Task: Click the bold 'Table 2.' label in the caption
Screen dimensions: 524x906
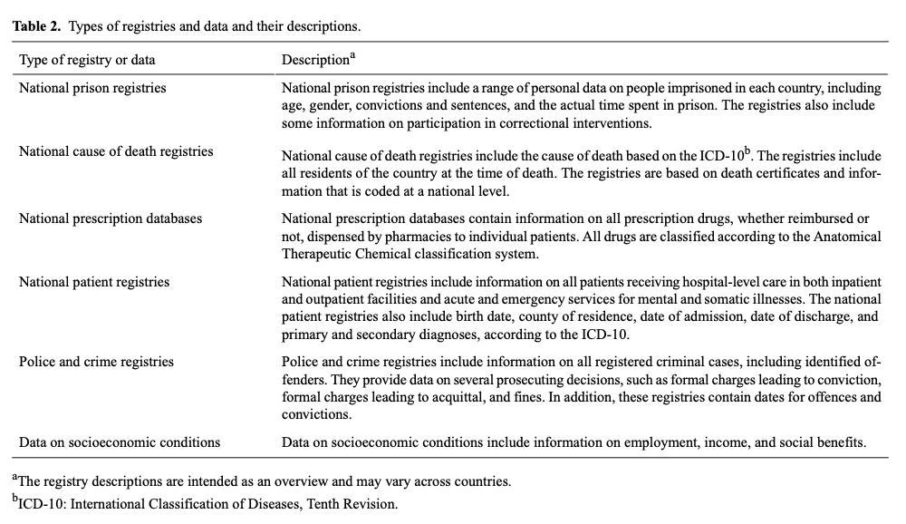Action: (36, 26)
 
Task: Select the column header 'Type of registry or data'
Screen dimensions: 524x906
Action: (87, 60)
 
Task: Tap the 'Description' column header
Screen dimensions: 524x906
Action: (315, 60)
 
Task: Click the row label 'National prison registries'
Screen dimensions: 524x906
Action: (92, 88)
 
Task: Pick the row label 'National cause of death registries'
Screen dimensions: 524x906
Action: (116, 151)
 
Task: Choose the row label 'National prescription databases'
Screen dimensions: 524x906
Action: (111, 218)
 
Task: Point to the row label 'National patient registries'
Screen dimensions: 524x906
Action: (94, 282)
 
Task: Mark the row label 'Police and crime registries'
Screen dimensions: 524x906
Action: (96, 362)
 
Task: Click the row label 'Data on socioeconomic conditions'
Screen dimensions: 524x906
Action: (120, 442)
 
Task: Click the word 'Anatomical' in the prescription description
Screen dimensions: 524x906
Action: (847, 237)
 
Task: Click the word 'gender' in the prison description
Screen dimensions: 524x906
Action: (329, 106)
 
